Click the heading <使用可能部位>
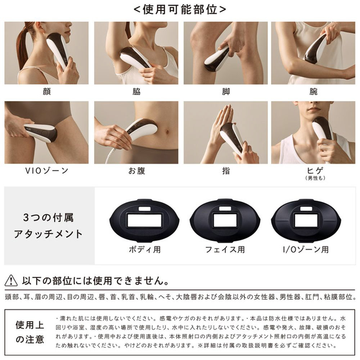click(180, 10)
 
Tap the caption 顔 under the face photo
click(46, 91)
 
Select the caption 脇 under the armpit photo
click(136, 91)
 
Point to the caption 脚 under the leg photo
click(226, 91)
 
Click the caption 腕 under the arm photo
click(314, 91)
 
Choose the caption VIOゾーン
click(46, 171)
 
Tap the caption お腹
click(136, 171)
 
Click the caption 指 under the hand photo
click(226, 171)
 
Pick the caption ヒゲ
click(315, 170)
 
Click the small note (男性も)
click(315, 178)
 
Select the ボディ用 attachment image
click(144, 220)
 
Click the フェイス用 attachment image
click(225, 220)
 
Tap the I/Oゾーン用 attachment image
click(306, 220)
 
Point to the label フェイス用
click(225, 249)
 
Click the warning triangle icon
click(11, 280)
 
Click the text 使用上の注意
click(30, 332)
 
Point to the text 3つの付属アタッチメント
click(48, 226)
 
